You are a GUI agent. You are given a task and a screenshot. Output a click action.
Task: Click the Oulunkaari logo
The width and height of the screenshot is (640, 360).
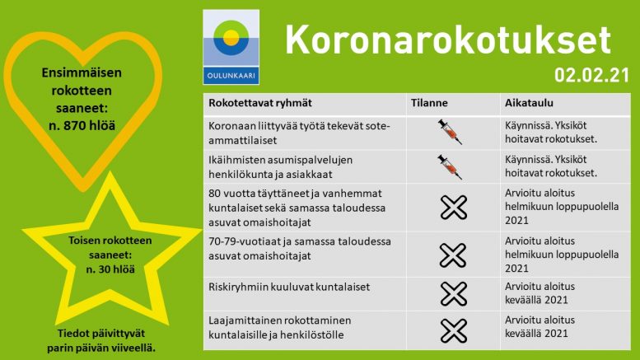coord(231,47)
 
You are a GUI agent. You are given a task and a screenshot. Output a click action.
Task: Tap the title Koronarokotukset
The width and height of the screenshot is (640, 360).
coord(448,40)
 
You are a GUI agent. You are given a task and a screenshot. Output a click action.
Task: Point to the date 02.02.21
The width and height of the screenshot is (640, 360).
coord(591,76)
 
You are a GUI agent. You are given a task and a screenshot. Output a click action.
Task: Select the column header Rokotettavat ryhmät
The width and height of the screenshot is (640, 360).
coord(260,103)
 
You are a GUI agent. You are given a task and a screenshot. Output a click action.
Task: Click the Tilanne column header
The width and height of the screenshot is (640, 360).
coord(429,103)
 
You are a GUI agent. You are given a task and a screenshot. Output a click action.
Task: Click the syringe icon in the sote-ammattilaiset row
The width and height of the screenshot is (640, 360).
coord(450,132)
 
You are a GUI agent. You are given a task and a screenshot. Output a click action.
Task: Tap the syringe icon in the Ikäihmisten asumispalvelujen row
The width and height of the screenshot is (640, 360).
coord(450,167)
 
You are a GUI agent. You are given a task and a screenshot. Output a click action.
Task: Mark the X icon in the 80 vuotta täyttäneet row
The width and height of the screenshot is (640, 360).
coord(454,208)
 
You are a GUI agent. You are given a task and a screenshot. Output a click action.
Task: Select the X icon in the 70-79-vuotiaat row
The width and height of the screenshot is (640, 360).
coord(453,255)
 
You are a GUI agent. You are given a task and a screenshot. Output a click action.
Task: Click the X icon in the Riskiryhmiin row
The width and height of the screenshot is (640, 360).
coord(454,294)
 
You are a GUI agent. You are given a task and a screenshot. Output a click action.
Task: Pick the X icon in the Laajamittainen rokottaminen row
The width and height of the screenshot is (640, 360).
coord(454,330)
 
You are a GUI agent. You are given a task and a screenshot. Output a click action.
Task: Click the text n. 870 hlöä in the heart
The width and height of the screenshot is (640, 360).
coord(82,125)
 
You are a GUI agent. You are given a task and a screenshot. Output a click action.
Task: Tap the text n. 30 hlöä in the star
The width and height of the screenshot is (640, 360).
coord(110,269)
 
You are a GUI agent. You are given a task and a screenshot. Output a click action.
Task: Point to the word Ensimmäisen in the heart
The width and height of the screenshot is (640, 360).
coord(82,72)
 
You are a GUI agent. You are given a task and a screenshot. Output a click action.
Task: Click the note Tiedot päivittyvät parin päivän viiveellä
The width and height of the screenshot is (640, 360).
coord(101,340)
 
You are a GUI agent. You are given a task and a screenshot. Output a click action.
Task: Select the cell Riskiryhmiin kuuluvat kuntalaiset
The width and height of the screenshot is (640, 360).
coord(289,287)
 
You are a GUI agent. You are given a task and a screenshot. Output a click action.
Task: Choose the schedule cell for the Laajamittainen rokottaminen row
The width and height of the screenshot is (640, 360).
coord(540,326)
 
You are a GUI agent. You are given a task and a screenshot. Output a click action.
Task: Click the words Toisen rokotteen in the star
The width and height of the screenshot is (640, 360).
coord(110,241)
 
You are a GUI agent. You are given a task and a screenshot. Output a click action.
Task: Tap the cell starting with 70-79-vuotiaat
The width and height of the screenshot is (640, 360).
coord(300,249)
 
